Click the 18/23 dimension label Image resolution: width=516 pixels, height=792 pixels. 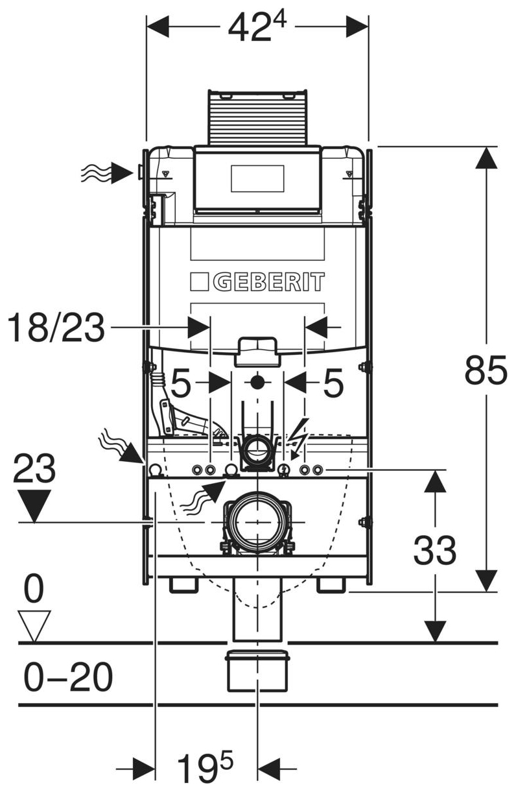pos(56,328)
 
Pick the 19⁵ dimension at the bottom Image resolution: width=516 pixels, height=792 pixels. pos(205,769)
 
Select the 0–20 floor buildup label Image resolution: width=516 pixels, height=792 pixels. pos(68,678)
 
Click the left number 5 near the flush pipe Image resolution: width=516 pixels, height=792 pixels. pos(181,385)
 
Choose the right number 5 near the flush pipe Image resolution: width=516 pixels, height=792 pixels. pos(333,385)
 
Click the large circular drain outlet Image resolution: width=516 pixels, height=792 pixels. pos(257,522)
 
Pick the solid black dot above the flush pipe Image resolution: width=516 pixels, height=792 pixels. pos(257,382)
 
